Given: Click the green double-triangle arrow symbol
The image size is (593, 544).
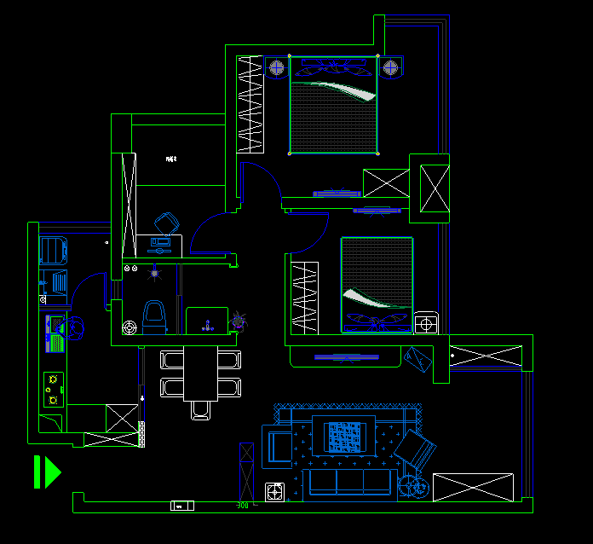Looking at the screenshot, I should coord(46,472).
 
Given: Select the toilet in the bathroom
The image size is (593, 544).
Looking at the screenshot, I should coord(154,315).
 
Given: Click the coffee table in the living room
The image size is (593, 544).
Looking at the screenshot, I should coord(345,435).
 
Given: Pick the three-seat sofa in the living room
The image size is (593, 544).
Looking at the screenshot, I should coord(349,482).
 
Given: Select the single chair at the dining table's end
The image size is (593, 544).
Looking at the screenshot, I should coord(201,410).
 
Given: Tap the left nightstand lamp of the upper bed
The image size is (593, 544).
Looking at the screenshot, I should coord(278,67).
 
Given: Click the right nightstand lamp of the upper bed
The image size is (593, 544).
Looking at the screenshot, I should coord(390,67).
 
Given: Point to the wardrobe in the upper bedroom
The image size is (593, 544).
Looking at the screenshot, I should coord(250,103).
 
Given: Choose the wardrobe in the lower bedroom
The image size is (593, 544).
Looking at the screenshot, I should coord(305,298).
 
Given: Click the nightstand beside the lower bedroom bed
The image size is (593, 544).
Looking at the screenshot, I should coord(426,323).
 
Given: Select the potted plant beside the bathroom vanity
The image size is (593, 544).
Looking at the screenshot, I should coord(239,321).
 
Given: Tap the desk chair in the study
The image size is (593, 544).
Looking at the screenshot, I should coord(167,223).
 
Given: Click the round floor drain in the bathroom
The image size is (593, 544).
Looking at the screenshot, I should coord(129,327).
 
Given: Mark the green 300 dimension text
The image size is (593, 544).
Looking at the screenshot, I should coord(242,505).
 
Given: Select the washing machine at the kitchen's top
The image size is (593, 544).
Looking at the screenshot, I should coord(53,250).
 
